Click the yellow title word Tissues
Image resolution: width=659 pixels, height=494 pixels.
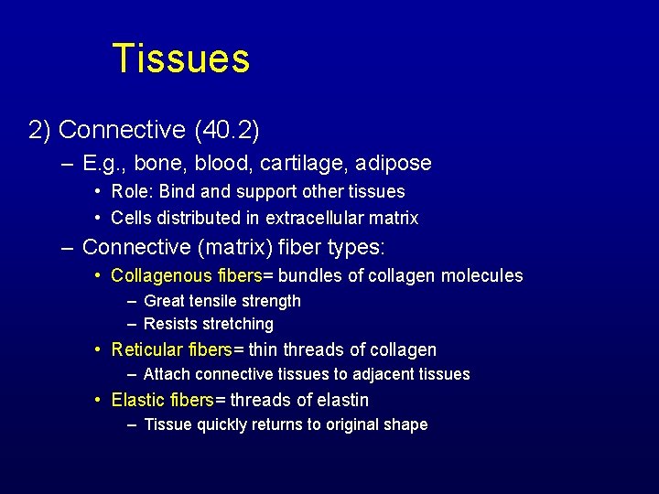click(180, 59)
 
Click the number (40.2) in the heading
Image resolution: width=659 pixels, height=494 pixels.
click(226, 130)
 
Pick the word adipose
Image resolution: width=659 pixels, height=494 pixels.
click(394, 164)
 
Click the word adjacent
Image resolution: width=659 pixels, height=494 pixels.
click(382, 373)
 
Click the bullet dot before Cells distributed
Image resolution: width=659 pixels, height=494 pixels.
click(98, 218)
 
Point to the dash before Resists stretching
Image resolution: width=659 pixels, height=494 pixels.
click(133, 324)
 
